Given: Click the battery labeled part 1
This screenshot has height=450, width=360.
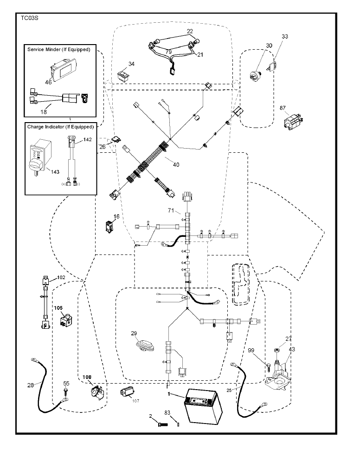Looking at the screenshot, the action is tap(204, 406).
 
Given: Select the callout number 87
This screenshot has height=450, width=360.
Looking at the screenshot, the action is tap(283, 108).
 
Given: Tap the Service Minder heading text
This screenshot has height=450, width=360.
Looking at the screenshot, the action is tap(59, 49).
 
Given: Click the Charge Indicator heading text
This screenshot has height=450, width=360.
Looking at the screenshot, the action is tap(60, 127).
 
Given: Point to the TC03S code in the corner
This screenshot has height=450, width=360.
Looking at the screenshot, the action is tap(30, 18).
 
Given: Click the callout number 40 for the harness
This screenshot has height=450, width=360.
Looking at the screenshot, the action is tap(176, 165).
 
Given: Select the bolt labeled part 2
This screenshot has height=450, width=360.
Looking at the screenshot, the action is tap(162, 424).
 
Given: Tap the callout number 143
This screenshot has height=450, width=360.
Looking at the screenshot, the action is tap(55, 172).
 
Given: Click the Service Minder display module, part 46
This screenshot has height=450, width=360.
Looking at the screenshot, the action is tap(64, 68).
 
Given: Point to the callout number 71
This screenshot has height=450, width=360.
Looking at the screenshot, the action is tap(171, 210).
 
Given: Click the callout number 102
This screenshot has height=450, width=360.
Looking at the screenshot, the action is tap(61, 278).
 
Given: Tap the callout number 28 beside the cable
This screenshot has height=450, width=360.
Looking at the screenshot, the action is tap(31, 385).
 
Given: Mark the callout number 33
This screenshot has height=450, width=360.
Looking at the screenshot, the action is tap(285, 36).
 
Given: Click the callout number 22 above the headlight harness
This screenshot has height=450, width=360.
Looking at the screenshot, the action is tap(190, 31).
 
